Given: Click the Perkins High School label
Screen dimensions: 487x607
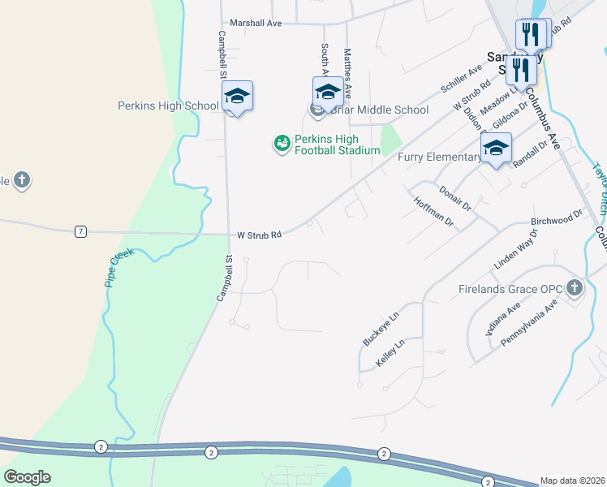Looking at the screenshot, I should click(168, 106).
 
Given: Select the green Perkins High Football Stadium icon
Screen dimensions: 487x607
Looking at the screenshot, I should click(282, 144).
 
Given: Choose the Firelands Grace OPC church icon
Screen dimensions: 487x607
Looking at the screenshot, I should click(575, 287).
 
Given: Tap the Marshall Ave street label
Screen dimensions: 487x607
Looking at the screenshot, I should click(256, 24).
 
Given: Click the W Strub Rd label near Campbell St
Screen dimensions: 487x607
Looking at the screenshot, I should click(259, 235).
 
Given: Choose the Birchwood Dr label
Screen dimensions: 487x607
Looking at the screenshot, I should click(557, 218).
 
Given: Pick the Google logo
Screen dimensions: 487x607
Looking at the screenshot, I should click(27, 477).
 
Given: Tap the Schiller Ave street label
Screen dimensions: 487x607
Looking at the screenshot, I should click(461, 79).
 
